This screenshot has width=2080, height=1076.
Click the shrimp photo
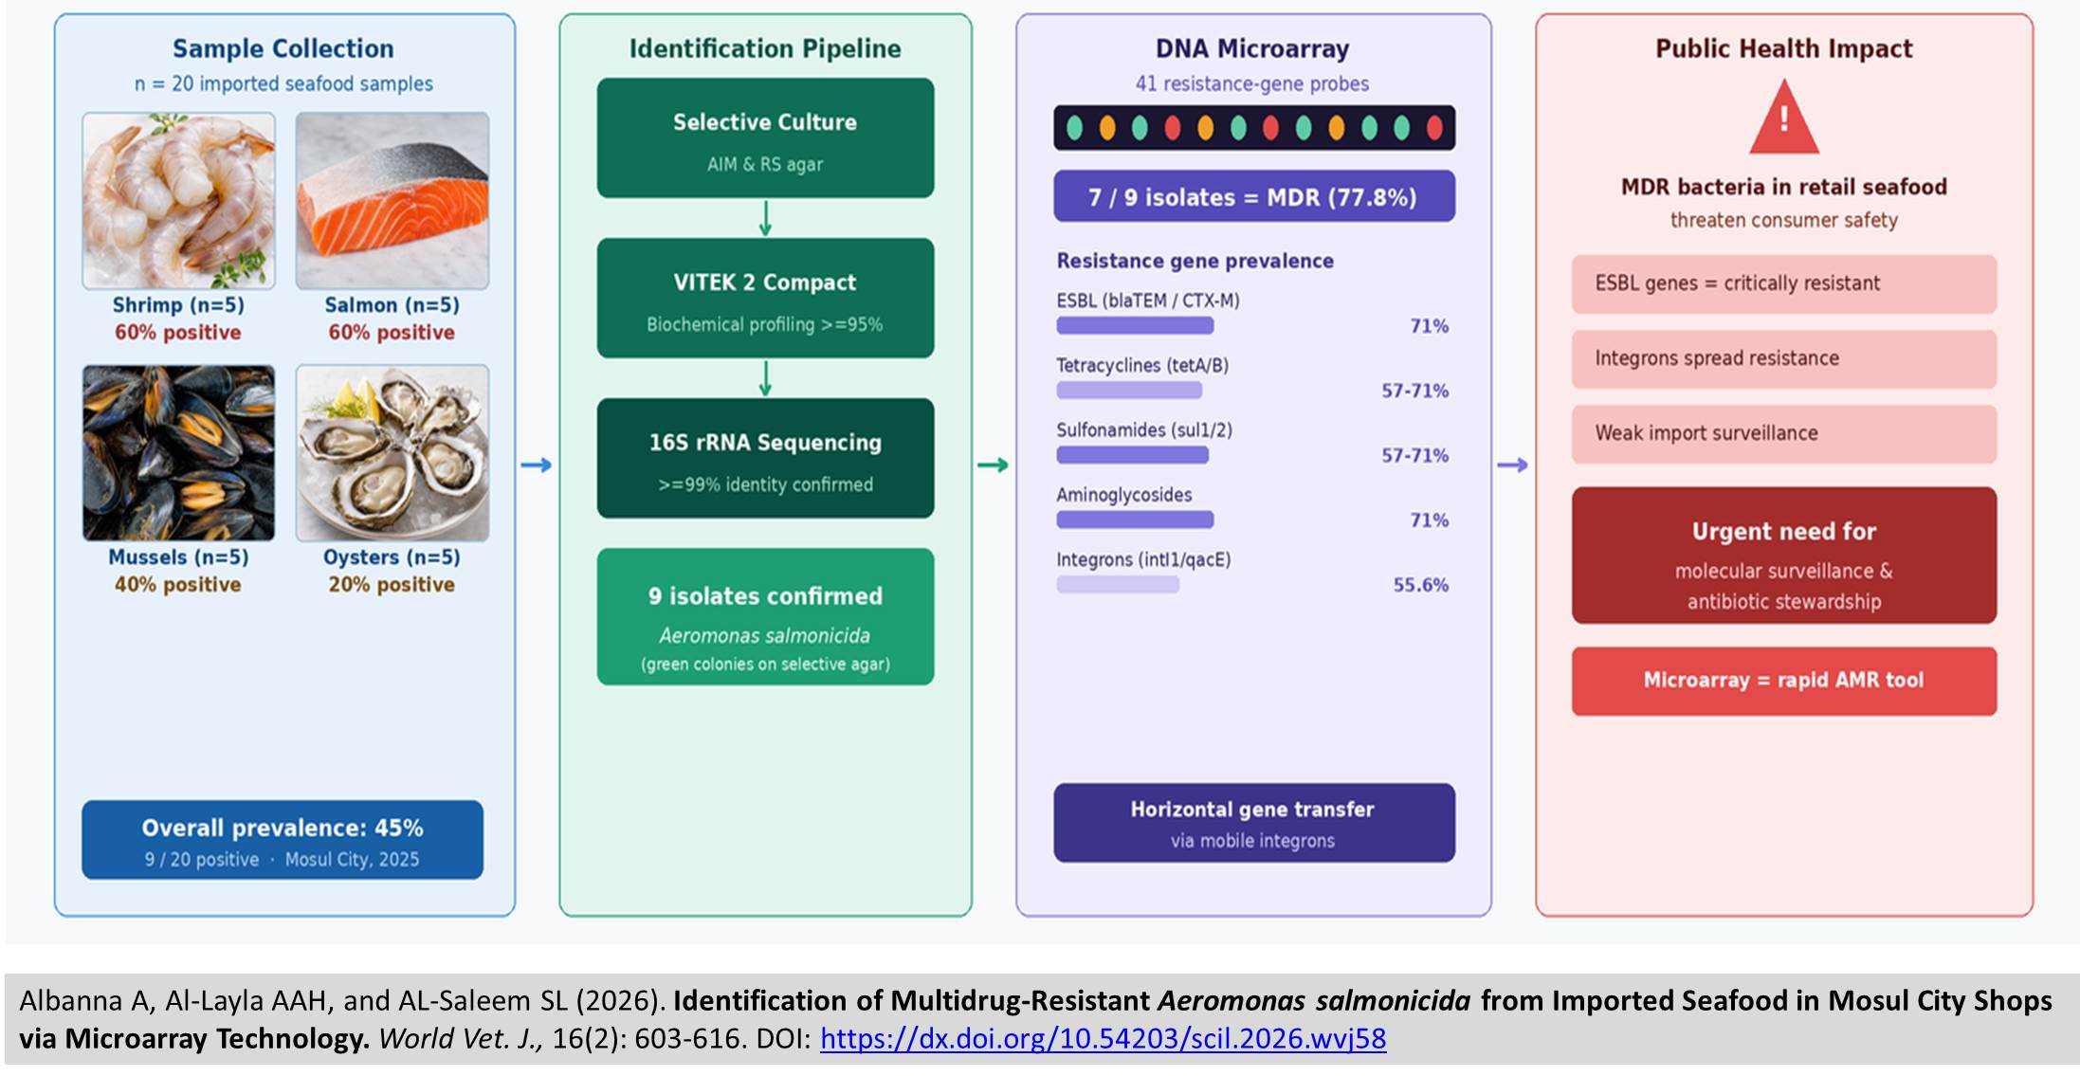[178, 201]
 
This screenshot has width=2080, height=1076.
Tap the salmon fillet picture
[392, 201]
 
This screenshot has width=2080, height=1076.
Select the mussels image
[178, 453]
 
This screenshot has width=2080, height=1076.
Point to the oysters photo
[392, 453]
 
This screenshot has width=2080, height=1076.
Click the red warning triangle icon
[1783, 118]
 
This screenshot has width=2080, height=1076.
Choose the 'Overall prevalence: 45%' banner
[283, 840]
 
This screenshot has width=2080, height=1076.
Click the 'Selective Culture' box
[765, 138]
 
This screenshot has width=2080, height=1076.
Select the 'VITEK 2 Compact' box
[765, 298]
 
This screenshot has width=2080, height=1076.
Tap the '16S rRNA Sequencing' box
[765, 458]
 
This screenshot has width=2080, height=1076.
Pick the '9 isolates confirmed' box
[765, 616]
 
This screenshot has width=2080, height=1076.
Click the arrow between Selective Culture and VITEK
[765, 218]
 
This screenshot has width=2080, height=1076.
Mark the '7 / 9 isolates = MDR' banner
[1253, 196]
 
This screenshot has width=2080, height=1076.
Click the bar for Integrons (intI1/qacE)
[1118, 584]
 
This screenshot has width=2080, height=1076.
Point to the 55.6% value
[1420, 585]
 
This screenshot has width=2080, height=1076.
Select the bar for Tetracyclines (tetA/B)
[1129, 390]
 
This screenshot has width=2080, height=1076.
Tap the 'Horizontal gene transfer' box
[1253, 823]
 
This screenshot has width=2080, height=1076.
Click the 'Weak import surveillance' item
[1783, 433]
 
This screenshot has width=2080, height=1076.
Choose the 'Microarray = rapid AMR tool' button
[1783, 681]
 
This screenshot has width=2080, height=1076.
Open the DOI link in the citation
[1103, 1039]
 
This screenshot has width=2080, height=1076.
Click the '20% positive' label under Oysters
[392, 585]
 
